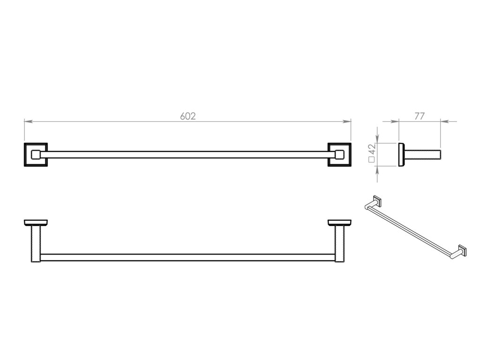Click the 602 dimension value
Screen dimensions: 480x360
(x=187, y=116)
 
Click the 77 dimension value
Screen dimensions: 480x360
(x=420, y=116)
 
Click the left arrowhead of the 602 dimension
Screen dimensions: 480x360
(x=27, y=121)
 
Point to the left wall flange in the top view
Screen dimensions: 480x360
(x=36, y=222)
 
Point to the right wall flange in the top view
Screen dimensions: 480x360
(x=339, y=222)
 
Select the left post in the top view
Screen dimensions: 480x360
(x=36, y=243)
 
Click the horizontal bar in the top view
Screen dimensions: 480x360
(x=187, y=257)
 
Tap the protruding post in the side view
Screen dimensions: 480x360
(x=421, y=155)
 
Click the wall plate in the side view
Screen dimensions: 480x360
(x=401, y=154)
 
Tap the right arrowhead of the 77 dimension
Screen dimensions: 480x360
(x=443, y=121)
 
